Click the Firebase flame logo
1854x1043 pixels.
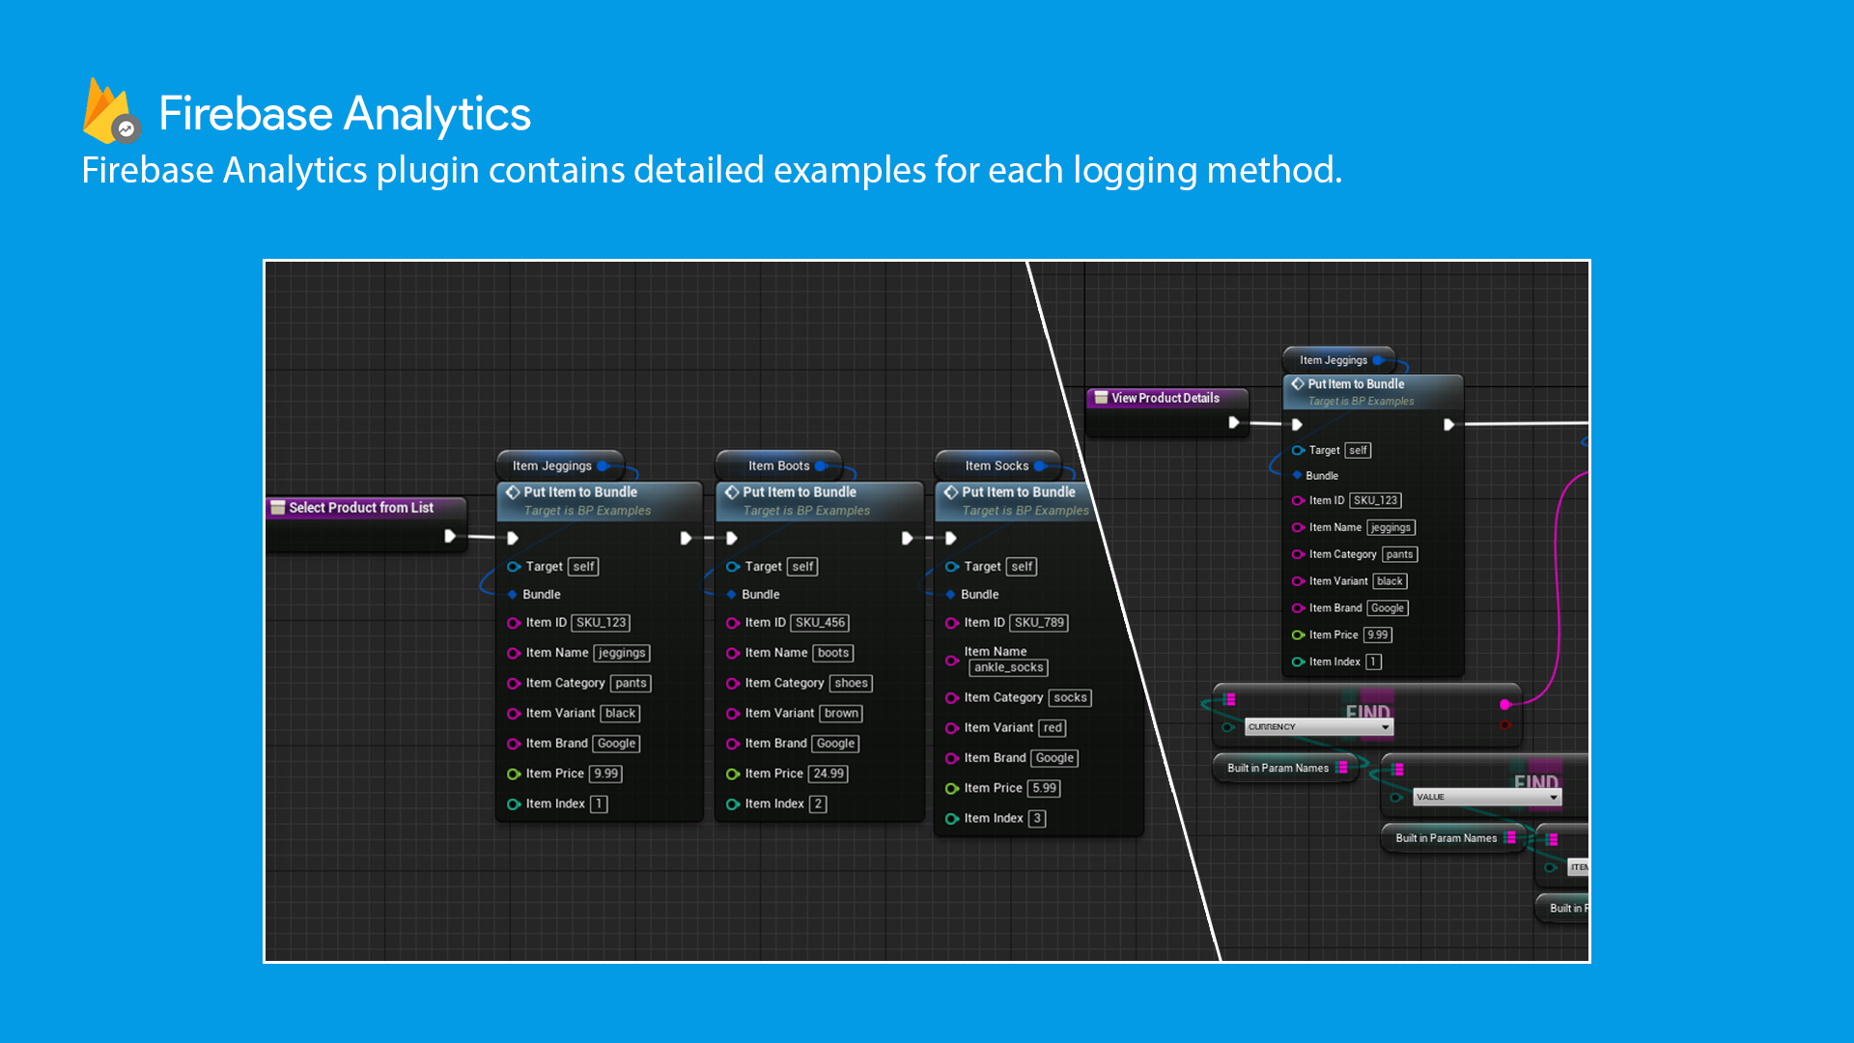coord(108,112)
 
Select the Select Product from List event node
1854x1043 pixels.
coord(361,508)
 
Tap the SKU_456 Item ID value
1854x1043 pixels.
coord(820,623)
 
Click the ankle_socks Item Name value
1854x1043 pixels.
coord(1008,667)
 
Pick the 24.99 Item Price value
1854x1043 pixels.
coord(829,774)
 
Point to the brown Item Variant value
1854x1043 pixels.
coord(841,714)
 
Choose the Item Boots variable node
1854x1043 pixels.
coord(778,465)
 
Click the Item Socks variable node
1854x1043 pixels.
coord(997,465)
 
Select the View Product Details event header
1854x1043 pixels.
coord(1165,398)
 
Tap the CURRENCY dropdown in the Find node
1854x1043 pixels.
coord(1318,727)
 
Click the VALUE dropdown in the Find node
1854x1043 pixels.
coord(1486,798)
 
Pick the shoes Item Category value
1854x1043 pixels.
coord(851,684)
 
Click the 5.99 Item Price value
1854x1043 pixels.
coord(1044,789)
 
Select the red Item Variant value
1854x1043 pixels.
coord(1053,728)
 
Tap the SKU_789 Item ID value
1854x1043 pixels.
coord(1039,623)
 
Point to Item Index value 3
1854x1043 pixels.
coord(1037,819)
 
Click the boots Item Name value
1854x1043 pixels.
coord(832,654)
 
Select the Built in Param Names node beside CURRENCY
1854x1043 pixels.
coord(1278,769)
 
